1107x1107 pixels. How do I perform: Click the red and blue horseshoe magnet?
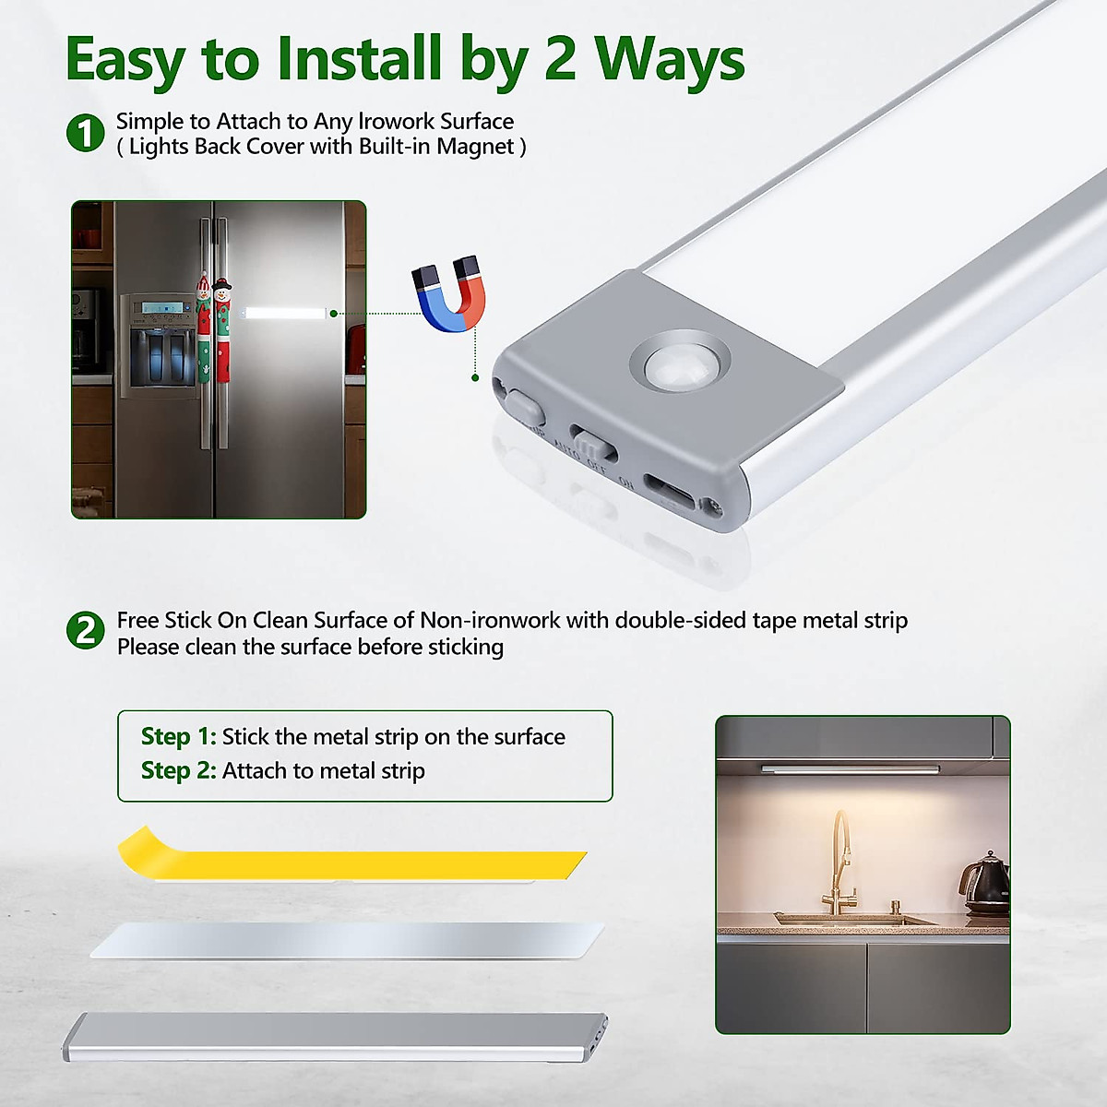(x=449, y=294)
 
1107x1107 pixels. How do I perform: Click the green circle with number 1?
(x=86, y=134)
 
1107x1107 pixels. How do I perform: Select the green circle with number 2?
(x=86, y=631)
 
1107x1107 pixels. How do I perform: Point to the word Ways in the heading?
(x=670, y=59)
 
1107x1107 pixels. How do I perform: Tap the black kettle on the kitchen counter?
(x=985, y=883)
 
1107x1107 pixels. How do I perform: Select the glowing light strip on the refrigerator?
(x=285, y=314)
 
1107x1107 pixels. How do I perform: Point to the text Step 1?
(x=178, y=736)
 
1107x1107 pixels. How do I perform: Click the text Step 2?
(x=178, y=770)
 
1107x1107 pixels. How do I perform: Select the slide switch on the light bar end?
(x=592, y=442)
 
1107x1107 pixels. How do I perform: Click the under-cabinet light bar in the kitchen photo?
(x=850, y=768)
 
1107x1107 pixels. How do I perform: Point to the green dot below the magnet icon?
(x=475, y=377)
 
